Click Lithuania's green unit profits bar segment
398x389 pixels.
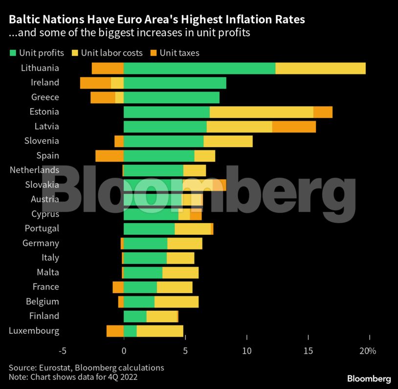pos(199,69)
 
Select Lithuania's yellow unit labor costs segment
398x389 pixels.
pos(320,69)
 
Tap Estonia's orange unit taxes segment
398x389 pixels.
pos(323,112)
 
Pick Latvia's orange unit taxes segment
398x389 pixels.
pos(294,127)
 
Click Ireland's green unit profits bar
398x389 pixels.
pos(175,83)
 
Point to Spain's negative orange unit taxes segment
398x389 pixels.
pos(110,156)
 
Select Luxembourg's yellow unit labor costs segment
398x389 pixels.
pos(160,331)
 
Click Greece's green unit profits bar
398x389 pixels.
pos(171,97)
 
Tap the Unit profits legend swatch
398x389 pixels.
pos(13,52)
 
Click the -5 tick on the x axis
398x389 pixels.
pos(62,351)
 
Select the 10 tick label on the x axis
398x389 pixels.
pos(247,351)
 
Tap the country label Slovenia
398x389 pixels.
pos(42,141)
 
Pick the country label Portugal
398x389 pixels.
pos(42,229)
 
